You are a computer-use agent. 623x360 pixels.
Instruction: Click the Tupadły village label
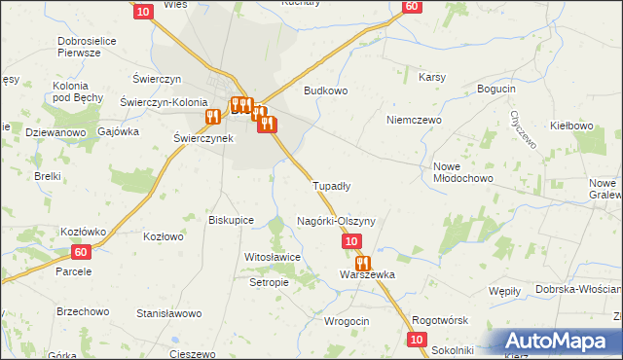click(331, 185)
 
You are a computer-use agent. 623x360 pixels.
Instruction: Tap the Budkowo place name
click(325, 90)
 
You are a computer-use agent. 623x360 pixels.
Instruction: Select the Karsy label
click(431, 76)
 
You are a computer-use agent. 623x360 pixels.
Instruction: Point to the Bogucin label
click(495, 90)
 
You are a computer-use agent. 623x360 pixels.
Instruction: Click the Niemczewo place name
click(414, 120)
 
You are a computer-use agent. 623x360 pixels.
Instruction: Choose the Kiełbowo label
click(571, 126)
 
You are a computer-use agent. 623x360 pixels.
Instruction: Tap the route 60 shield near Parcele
click(82, 252)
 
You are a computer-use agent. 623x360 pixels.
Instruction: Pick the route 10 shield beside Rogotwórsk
click(417, 339)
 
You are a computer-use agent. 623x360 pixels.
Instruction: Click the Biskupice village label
click(232, 220)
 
